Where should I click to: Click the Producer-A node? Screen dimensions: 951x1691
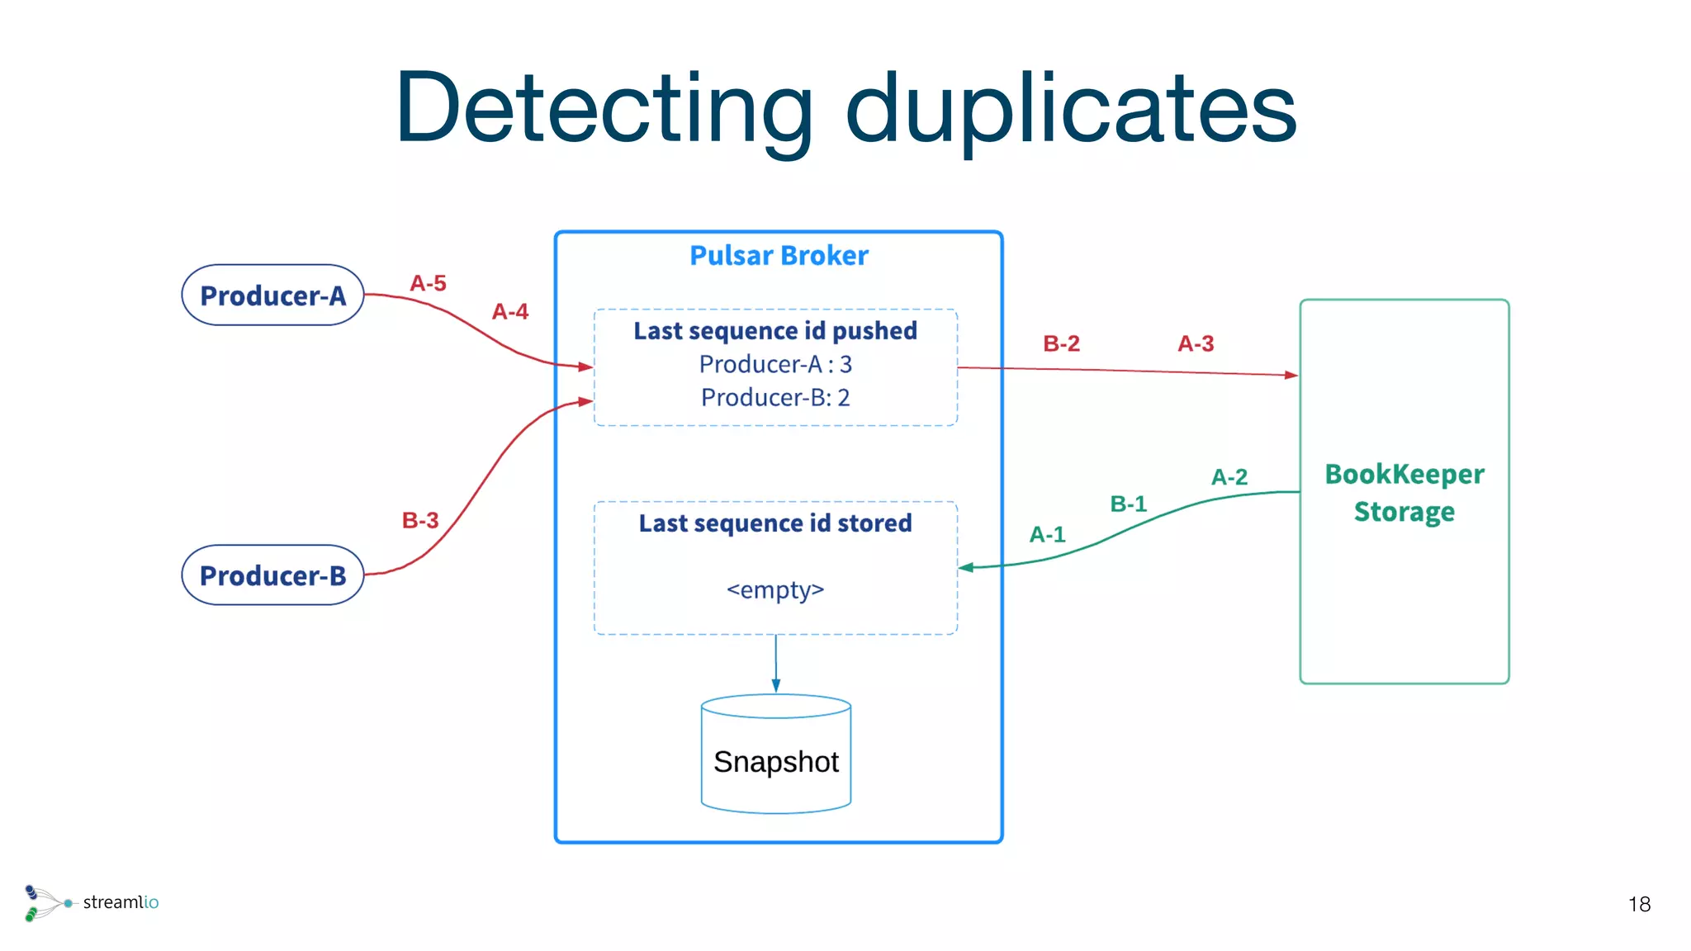click(x=272, y=296)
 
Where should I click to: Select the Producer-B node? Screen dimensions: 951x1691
click(x=272, y=575)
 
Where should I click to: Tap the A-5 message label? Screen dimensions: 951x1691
click(x=428, y=284)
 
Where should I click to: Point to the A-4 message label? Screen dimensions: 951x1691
click(x=510, y=312)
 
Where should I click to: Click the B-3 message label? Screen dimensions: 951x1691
click(x=420, y=521)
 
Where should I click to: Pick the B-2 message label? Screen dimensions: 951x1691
click(x=1061, y=343)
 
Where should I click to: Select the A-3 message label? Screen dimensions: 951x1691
click(x=1196, y=343)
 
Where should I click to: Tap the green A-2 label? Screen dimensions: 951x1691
click(x=1229, y=477)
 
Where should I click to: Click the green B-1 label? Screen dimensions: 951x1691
click(x=1128, y=504)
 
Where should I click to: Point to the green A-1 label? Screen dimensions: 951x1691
click(x=1047, y=535)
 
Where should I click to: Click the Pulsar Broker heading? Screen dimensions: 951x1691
click(x=779, y=256)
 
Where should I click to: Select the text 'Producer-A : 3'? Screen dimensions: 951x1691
click(x=775, y=364)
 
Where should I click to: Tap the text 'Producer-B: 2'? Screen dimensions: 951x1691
click(x=775, y=398)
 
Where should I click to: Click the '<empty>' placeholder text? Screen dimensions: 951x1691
click(x=775, y=590)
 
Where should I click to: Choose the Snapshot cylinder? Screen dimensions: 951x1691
click(x=776, y=755)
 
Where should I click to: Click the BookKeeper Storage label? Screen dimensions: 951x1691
click(x=1404, y=493)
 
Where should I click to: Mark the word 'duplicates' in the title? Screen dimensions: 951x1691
click(x=1071, y=108)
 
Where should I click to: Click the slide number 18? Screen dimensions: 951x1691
click(x=1639, y=905)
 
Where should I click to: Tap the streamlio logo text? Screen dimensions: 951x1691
click(x=121, y=902)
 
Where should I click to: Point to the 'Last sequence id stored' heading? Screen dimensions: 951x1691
click(x=775, y=523)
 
